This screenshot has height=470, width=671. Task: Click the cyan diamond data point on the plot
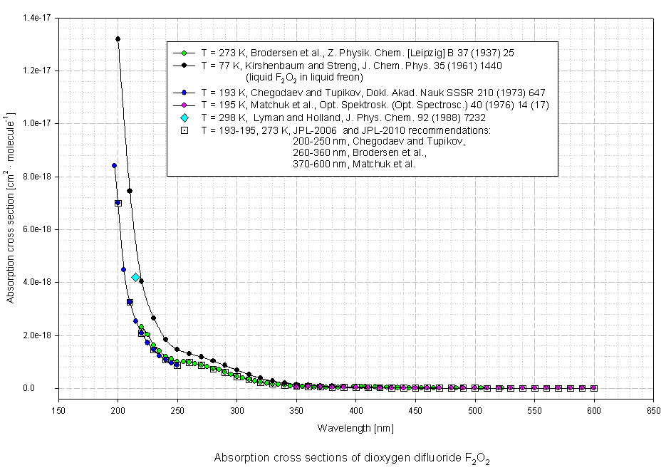(135, 277)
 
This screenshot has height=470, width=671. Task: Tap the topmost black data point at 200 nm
(118, 38)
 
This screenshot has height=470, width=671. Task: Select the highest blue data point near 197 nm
(114, 165)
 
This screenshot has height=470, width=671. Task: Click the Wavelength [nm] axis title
(355, 428)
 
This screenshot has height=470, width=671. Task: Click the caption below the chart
(352, 459)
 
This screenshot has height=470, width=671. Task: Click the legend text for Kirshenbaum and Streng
(352, 66)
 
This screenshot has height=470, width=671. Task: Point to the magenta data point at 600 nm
(593, 388)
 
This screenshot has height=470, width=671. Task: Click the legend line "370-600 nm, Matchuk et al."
(353, 164)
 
